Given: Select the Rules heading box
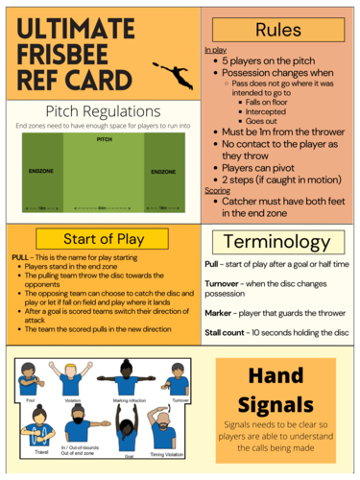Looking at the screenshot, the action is pos(277,29).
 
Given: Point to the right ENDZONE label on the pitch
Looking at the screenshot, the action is pos(162,172).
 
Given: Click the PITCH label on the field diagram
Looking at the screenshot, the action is pos(103,139).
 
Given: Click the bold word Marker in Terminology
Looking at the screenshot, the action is pos(222,312).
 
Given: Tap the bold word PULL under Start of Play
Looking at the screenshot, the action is pos(20,258).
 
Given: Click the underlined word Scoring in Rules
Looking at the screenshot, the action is pos(217,190).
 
